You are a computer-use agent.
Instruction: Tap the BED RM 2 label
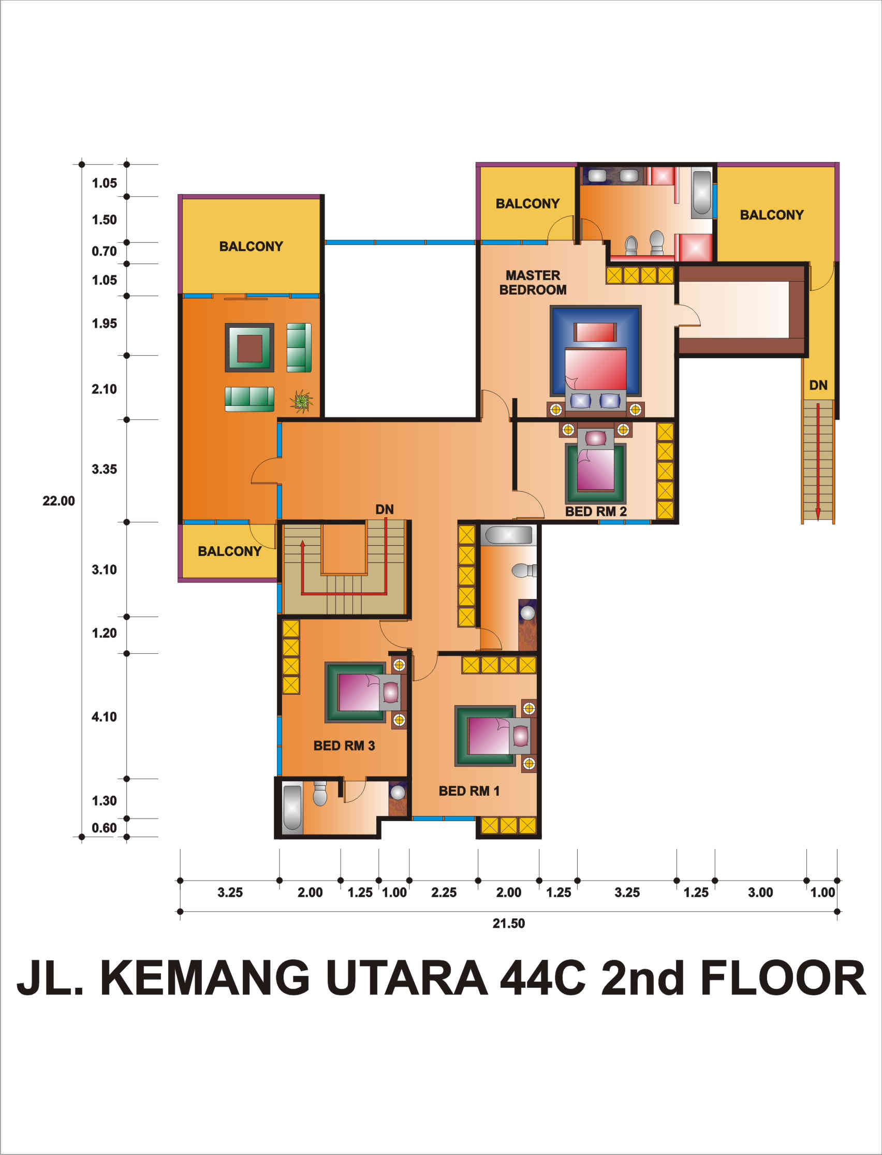[x=596, y=511]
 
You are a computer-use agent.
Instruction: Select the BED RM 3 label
[x=344, y=745]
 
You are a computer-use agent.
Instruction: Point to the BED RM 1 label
[x=469, y=791]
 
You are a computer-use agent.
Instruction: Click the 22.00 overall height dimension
[x=59, y=501]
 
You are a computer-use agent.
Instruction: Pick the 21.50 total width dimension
[x=508, y=924]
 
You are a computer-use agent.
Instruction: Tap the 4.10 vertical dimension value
[x=104, y=717]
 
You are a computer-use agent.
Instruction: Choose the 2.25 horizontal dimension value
[x=444, y=893]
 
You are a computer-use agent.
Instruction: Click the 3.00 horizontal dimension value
[x=760, y=893]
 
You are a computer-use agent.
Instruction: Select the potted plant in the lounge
[x=301, y=401]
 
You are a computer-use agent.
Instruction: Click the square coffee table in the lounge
[x=249, y=348]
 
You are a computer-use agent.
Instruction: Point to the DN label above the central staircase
[x=384, y=509]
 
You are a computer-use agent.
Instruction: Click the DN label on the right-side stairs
[x=818, y=385]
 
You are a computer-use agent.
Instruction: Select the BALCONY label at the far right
[x=772, y=215]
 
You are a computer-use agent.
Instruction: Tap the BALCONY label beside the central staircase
[x=229, y=551]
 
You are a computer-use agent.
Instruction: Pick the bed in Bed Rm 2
[x=595, y=467]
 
